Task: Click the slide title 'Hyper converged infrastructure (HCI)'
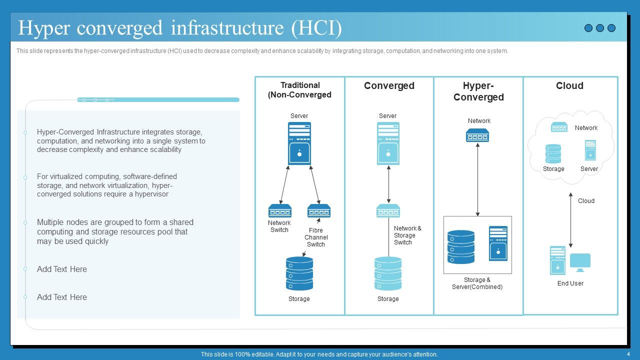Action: click(x=180, y=28)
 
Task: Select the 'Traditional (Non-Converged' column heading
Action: click(x=299, y=90)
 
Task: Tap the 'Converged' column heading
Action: click(x=389, y=85)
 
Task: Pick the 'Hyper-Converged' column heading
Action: click(x=478, y=91)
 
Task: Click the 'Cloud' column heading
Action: click(x=569, y=85)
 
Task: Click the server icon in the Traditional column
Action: click(x=299, y=143)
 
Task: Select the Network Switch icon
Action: click(x=280, y=210)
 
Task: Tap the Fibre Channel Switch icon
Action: click(x=319, y=210)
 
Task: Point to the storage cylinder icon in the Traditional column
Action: click(x=299, y=273)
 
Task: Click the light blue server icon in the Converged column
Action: click(x=388, y=143)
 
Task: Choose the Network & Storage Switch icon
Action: click(x=388, y=210)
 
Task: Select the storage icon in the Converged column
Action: click(x=388, y=273)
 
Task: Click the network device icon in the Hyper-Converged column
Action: click(x=477, y=135)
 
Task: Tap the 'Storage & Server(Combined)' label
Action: click(x=477, y=283)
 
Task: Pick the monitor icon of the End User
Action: click(x=580, y=261)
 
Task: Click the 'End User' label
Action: click(x=570, y=283)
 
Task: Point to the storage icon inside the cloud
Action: click(x=553, y=154)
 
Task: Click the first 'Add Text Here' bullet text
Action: click(x=62, y=269)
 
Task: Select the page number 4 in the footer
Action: click(x=628, y=354)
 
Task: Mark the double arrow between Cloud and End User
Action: click(x=570, y=220)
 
